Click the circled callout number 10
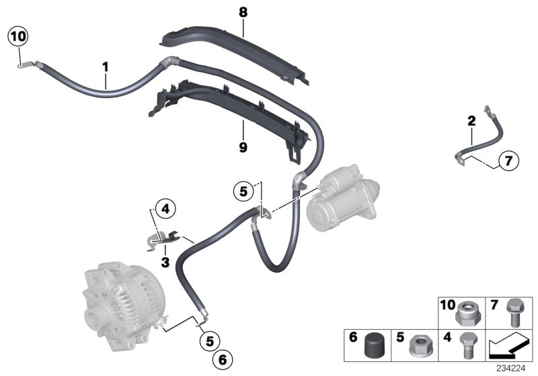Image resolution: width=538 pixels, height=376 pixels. (17, 38)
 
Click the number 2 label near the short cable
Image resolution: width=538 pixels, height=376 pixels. (471, 122)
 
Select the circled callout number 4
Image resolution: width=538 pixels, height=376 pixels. (165, 209)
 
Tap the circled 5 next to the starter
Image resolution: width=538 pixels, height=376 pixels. (245, 191)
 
